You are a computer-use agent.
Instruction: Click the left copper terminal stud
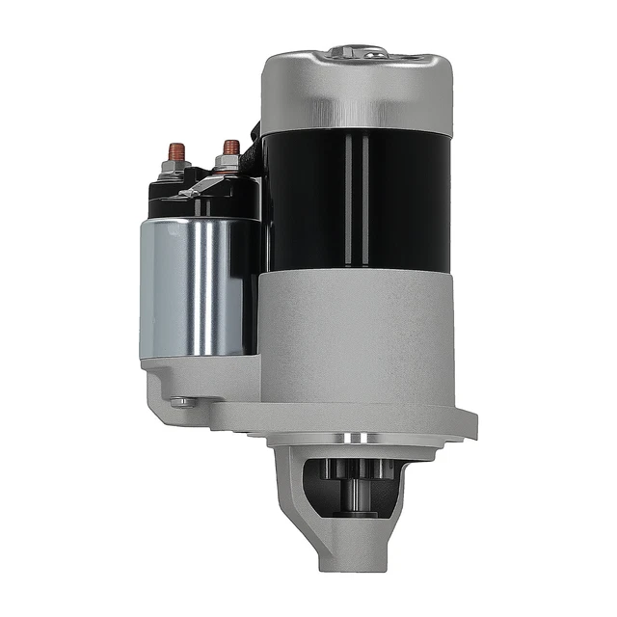point(176,151)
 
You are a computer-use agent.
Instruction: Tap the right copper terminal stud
point(231,148)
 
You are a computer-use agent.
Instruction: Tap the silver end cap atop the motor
point(357,92)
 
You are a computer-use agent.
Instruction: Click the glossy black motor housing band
point(357,198)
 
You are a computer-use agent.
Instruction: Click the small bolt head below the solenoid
point(180,402)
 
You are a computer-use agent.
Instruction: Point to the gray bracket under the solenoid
point(202,381)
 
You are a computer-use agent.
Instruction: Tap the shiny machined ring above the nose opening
point(358,439)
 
